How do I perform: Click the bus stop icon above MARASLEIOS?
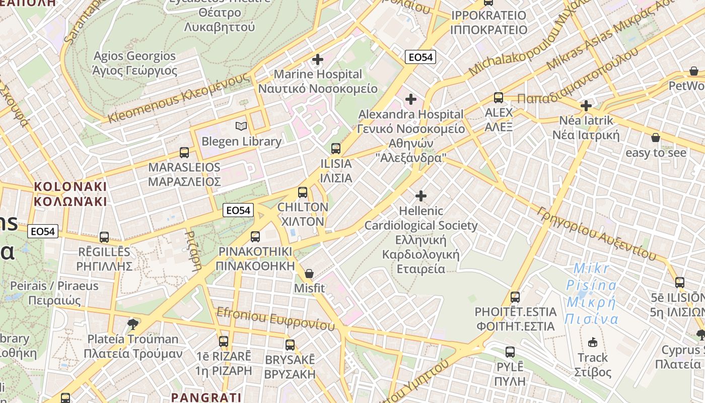(184, 152)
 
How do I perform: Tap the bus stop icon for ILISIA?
(336, 149)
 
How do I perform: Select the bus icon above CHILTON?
(303, 192)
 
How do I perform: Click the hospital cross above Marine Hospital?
(318, 59)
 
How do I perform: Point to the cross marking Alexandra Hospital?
(411, 99)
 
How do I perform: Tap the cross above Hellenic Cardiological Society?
(421, 195)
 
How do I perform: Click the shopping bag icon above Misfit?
(309, 274)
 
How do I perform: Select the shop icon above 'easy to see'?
(656, 138)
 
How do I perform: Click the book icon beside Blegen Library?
(242, 126)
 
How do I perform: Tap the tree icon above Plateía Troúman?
(133, 324)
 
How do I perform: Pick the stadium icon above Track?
(593, 343)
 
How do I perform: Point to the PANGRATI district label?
(206, 397)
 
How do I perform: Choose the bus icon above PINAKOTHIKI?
(255, 236)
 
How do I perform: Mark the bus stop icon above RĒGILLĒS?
(104, 237)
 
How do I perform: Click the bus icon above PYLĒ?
(510, 352)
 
